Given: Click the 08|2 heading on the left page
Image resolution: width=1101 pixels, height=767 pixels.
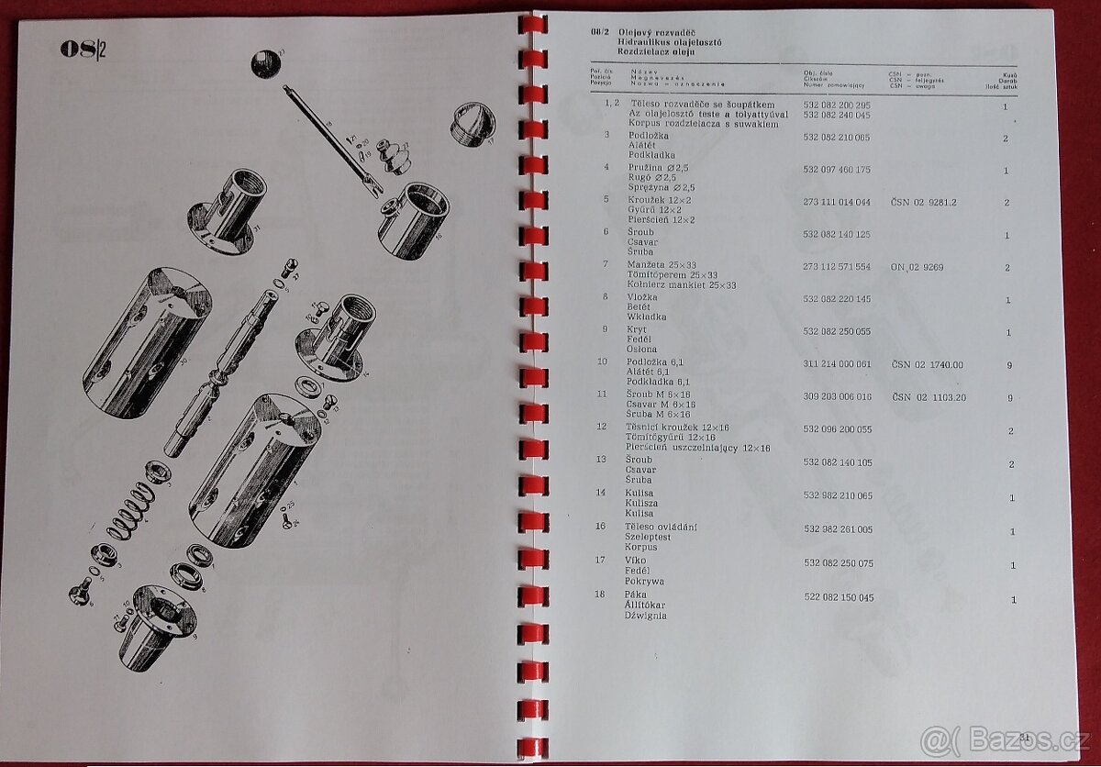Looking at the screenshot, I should [x=83, y=50].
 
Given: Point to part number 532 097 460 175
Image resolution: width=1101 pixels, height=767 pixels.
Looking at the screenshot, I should [x=837, y=170].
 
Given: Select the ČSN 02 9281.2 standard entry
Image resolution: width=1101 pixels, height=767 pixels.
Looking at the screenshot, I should [x=923, y=202].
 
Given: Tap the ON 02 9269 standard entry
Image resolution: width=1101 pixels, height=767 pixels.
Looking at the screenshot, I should [x=917, y=267].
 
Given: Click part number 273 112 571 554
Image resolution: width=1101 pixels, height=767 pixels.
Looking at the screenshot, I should [x=837, y=266].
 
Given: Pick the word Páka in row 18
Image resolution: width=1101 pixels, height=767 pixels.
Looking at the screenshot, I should [x=637, y=595].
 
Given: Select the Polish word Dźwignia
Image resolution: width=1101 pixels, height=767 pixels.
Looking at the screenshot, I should [x=647, y=616].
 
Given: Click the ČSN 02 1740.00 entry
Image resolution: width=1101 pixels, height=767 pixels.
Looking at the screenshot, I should [x=927, y=364].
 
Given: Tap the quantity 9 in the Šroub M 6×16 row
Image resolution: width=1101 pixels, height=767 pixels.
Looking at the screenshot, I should [x=1009, y=398].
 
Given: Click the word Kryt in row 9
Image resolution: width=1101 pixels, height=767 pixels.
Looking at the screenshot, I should [x=637, y=329].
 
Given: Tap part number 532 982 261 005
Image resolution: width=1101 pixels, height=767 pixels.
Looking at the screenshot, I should [x=838, y=529].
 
